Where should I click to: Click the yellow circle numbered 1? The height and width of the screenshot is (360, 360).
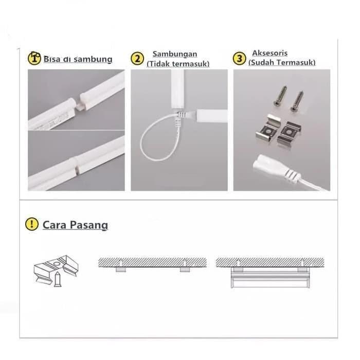(34, 58)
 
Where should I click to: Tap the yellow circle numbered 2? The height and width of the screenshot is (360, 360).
(137, 58)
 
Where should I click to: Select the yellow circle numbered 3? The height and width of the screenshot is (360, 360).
(239, 58)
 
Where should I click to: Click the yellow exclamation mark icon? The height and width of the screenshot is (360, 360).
(32, 224)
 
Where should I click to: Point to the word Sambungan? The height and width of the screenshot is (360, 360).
(174, 54)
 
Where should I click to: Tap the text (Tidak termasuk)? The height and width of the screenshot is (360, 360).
(178, 64)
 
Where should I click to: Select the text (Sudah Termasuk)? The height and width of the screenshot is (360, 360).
(281, 63)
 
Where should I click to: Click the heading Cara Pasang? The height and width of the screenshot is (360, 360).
(75, 225)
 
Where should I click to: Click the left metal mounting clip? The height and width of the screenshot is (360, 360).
(268, 130)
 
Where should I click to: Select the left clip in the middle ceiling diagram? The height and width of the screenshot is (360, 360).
(121, 267)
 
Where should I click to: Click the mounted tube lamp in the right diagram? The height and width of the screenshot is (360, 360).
(271, 280)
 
